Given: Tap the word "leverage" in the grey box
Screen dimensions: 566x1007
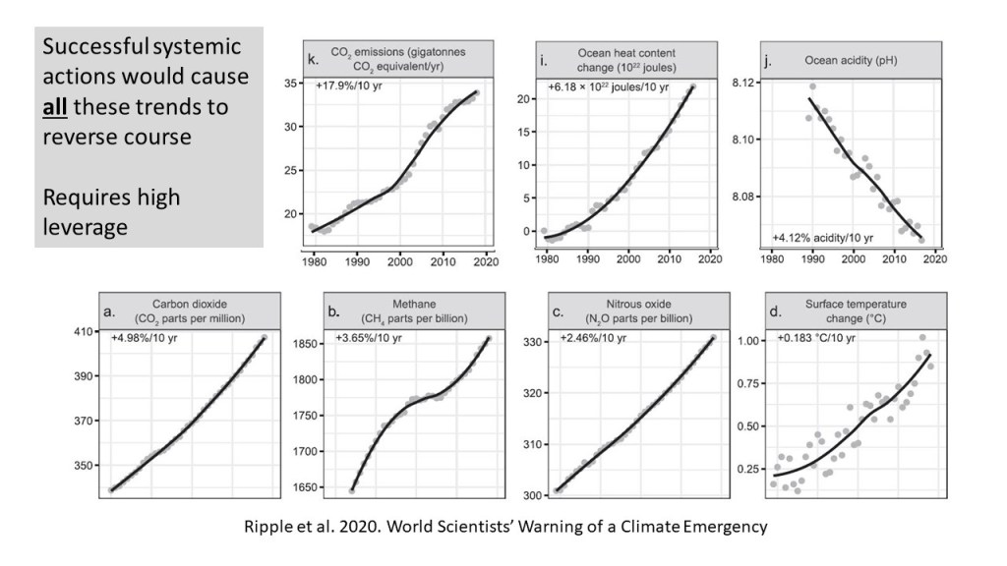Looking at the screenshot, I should click(x=86, y=227).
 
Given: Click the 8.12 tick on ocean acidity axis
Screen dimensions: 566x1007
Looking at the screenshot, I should click(x=744, y=84).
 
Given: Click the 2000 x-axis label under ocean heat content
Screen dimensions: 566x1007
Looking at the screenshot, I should click(x=628, y=259).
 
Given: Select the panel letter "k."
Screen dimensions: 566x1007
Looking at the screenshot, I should click(x=313, y=61).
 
